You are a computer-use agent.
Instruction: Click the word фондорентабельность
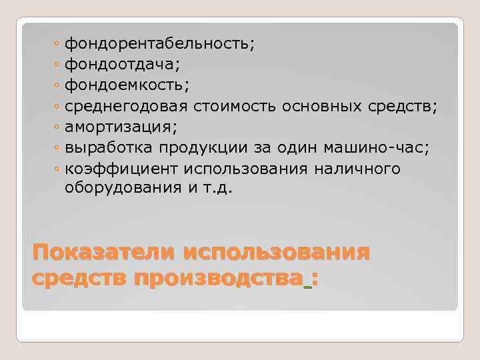tap(157, 44)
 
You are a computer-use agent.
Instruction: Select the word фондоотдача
tap(121, 65)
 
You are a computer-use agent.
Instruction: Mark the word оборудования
tap(123, 188)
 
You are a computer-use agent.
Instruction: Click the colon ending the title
tap(314, 279)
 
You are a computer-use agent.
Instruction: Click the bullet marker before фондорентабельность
tap(58, 45)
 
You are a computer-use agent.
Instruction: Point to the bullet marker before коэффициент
tap(58, 169)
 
